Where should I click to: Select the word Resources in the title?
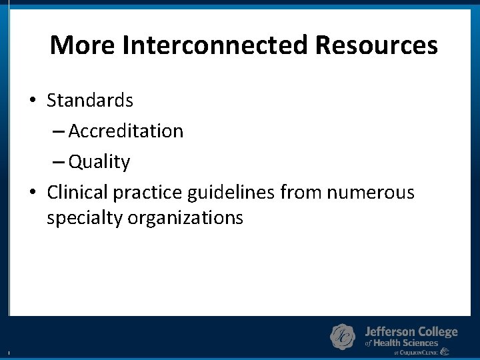tap(377, 45)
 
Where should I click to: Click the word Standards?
tap(90, 101)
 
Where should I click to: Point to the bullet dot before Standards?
tap(32, 101)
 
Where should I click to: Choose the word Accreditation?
tap(126, 131)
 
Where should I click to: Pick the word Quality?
tap(99, 162)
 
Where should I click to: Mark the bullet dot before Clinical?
tap(32, 193)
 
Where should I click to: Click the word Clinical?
tap(77, 193)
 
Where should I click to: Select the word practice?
tap(148, 193)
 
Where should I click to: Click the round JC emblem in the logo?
tap(343, 337)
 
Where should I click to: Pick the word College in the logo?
tap(438, 331)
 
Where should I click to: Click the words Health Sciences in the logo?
tap(406, 343)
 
